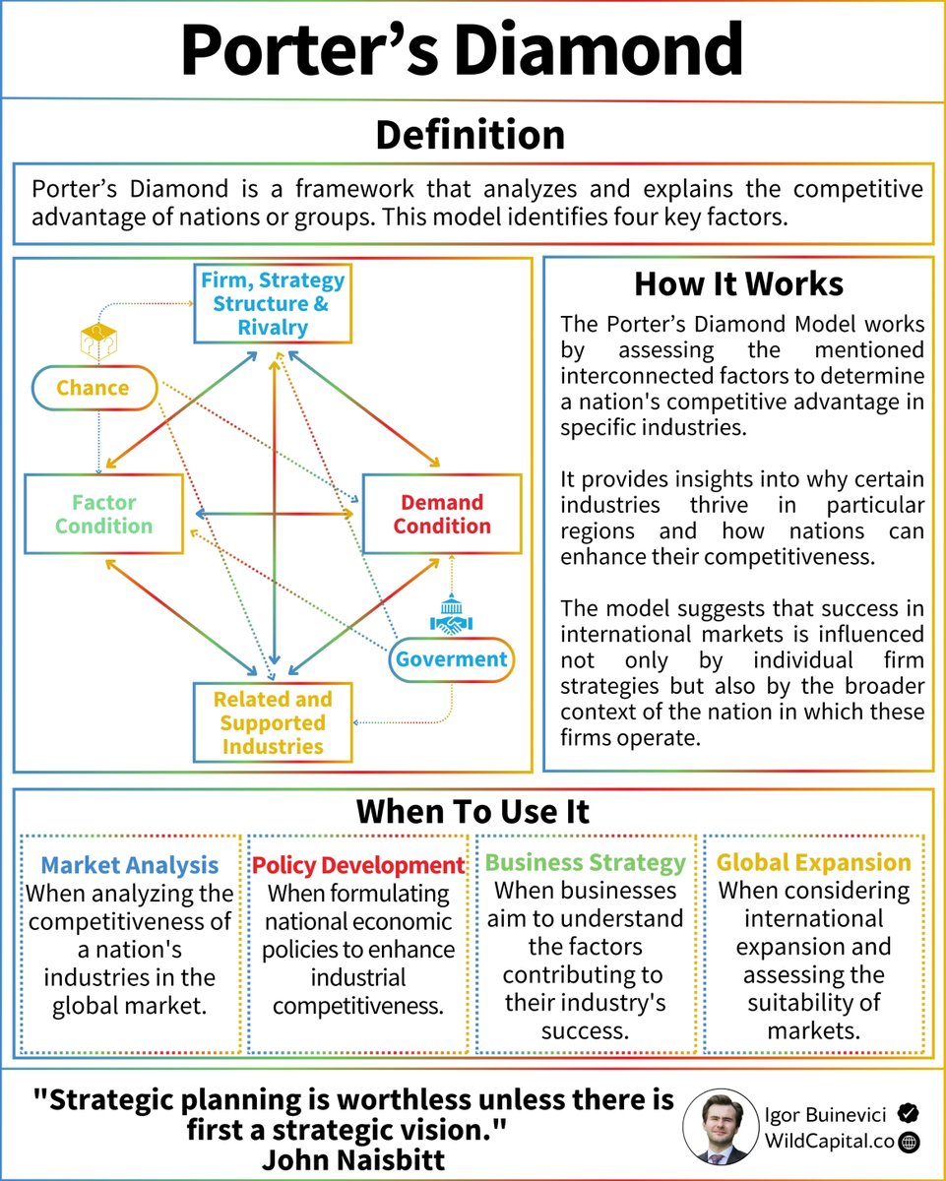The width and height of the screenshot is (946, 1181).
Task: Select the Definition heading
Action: pos(471,135)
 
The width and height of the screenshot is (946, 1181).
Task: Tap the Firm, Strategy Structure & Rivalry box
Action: pos(273,304)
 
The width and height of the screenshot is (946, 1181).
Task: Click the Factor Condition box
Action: pos(103,514)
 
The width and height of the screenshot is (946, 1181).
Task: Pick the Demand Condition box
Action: pos(441,514)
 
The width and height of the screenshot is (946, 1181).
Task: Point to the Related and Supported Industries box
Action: pos(272,723)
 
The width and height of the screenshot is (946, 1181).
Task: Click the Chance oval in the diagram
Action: pos(93,388)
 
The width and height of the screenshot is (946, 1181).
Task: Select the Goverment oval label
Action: pos(452,659)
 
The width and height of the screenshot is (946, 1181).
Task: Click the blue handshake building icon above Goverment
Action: pos(452,615)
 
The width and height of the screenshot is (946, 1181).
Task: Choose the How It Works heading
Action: pos(738,283)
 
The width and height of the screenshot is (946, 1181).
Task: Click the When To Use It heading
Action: pos(473,812)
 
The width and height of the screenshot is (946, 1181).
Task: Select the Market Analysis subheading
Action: pos(130,866)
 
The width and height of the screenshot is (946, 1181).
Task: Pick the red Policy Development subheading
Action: pos(358,866)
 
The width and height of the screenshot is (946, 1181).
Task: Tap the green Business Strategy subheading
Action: pos(586,863)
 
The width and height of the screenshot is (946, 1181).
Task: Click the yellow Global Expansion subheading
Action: pos(814,863)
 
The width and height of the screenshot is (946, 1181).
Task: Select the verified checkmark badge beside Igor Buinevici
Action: pos(910,1113)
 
